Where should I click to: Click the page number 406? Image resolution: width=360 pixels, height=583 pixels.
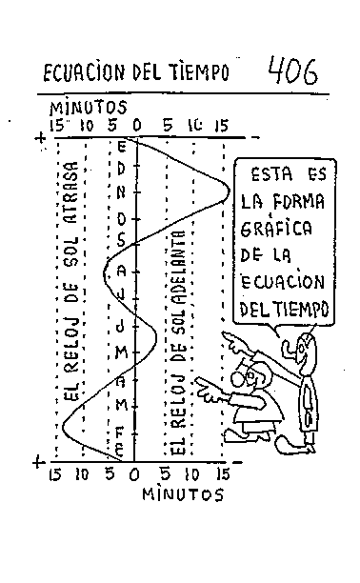292,70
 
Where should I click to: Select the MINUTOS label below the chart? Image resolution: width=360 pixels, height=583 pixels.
183,494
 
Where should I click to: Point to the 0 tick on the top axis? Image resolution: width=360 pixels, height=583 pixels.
137,124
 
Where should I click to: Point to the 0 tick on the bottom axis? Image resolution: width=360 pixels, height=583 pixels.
134,473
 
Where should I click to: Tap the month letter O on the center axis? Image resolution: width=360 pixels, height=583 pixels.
123,218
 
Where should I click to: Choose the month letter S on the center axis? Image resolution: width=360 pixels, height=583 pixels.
123,243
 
